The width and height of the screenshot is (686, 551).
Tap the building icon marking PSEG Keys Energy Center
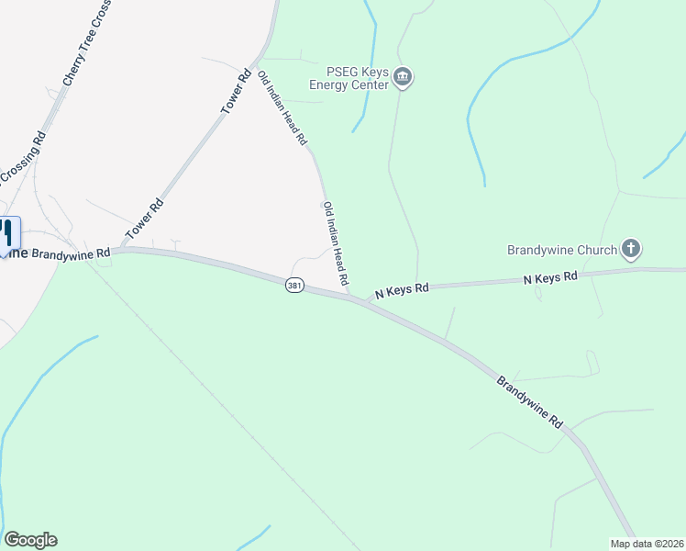[404, 79]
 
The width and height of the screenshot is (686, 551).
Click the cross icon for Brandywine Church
[630, 248]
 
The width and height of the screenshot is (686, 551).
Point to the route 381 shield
[293, 286]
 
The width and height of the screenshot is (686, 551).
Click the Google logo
[30, 540]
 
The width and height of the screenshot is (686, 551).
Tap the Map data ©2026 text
[647, 543]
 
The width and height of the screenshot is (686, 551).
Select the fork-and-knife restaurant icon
[8, 231]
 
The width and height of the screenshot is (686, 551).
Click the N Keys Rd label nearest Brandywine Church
[550, 277]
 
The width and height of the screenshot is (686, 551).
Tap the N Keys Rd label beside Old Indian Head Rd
[402, 290]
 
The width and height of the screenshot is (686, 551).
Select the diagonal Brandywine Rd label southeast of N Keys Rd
[529, 402]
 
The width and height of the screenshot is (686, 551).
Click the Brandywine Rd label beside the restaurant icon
[66, 253]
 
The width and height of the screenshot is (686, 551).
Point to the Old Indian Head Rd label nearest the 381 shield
[337, 243]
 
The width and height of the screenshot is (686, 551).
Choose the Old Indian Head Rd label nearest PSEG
[282, 108]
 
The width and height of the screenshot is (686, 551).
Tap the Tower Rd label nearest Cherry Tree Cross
[236, 94]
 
